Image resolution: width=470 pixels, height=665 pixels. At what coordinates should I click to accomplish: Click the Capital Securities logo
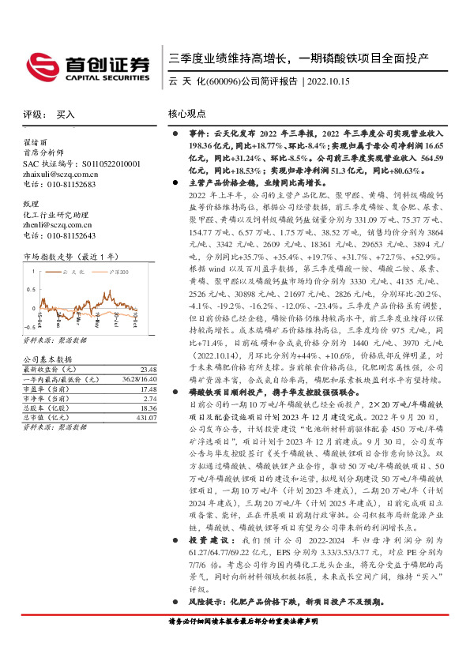88,67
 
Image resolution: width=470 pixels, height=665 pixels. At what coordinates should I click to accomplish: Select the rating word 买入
66,115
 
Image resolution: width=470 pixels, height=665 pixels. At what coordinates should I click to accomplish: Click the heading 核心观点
187,115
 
